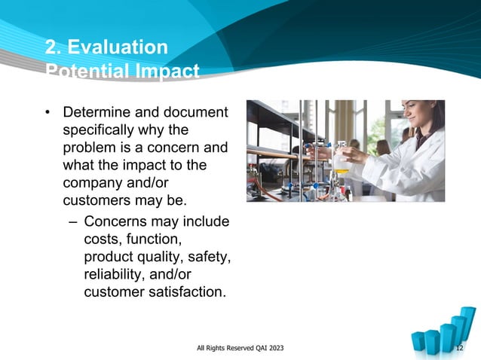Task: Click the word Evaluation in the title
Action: tap(117, 47)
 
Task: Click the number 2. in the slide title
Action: tap(53, 47)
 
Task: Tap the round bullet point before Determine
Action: tap(47, 114)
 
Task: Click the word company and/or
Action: tap(108, 182)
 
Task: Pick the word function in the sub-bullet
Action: tap(155, 239)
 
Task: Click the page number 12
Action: tap(460, 347)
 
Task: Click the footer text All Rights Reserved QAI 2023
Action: tap(240, 347)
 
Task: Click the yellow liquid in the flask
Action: tap(342, 169)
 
